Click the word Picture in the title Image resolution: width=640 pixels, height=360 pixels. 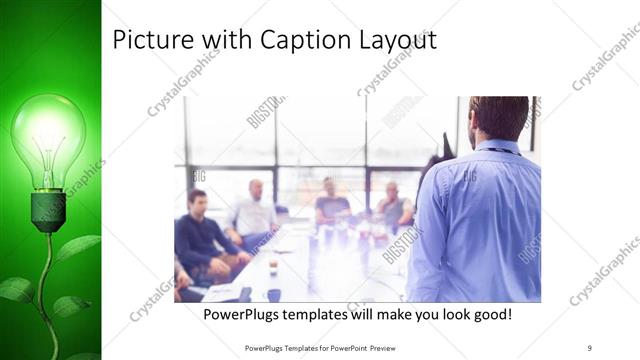tap(146, 40)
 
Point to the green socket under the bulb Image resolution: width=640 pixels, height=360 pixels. tap(48, 210)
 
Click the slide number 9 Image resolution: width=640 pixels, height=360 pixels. tap(590, 347)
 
